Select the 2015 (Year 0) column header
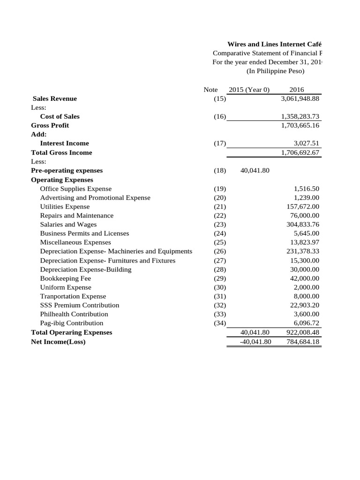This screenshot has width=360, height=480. click(249, 90)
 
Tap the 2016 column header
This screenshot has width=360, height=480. click(297, 90)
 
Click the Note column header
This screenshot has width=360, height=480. click(210, 90)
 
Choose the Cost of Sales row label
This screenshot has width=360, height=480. click(60, 116)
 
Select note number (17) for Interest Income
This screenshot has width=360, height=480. click(219, 143)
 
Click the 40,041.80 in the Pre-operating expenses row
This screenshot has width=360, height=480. click(255, 171)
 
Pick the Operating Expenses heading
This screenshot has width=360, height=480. click(62, 180)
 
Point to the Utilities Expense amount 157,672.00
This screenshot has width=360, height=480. click(303, 207)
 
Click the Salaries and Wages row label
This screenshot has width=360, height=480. click(68, 225)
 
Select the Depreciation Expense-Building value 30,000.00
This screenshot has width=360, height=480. click(305, 270)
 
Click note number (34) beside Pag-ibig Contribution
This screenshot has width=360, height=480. click(219, 323)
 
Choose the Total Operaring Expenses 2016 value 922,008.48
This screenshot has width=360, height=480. click(303, 332)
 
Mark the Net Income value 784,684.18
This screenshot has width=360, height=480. click(303, 341)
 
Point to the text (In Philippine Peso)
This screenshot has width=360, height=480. click(275, 71)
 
